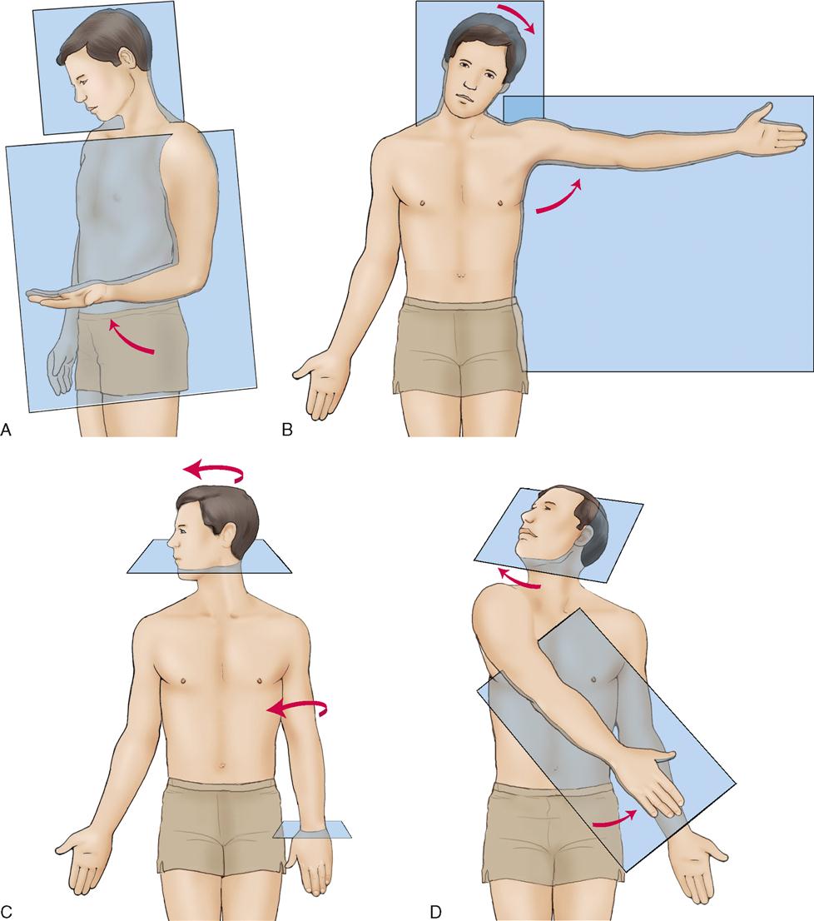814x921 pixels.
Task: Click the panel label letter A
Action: [6, 430]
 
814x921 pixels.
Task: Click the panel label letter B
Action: [287, 430]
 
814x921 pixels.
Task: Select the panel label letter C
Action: [6, 912]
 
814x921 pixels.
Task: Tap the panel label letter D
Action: [435, 912]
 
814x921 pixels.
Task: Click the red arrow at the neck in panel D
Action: [520, 580]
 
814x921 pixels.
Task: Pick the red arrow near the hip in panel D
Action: [616, 821]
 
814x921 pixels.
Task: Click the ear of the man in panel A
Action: [126, 59]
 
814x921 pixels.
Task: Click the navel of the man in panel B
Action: [461, 274]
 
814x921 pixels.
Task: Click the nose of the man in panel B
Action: [468, 86]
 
